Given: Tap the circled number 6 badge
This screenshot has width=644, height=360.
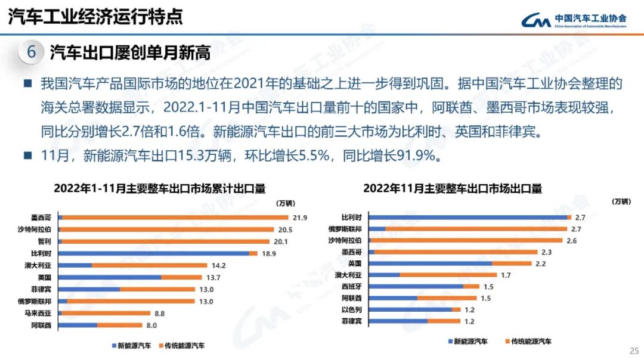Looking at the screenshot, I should point(32,52).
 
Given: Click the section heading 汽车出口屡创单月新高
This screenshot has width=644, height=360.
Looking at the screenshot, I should point(130,53).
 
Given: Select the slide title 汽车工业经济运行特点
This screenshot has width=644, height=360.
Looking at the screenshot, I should point(95,17).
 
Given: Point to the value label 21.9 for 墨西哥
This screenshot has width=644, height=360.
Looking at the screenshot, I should point(300,218).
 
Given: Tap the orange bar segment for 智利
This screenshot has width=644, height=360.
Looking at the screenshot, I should point(167,241).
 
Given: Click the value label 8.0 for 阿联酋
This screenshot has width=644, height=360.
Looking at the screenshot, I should point(151,325).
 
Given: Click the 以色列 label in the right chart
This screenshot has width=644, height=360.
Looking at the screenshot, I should point(351,309).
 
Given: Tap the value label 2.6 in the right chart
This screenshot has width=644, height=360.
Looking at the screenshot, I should point(571,241).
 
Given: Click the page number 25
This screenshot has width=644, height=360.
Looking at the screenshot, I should point(634,350).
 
